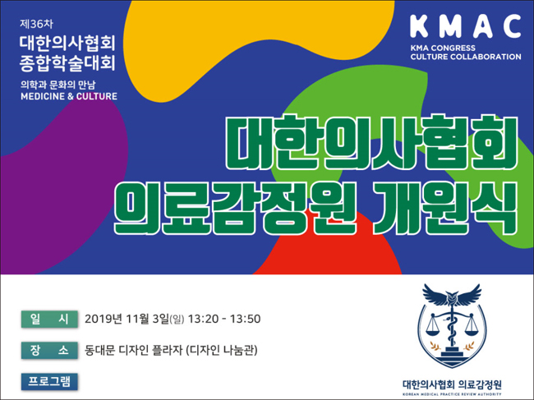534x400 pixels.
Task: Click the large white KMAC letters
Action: [466, 26]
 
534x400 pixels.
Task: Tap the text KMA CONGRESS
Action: [443, 48]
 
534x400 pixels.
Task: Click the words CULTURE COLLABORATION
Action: [466, 57]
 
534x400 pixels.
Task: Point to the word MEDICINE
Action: [43, 96]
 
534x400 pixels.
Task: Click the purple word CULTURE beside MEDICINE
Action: [97, 96]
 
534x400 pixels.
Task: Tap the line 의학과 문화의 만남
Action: [58, 85]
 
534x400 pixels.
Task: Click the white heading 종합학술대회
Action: [67, 63]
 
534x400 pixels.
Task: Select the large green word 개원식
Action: [445, 208]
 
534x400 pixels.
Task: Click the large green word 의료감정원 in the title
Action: [235, 208]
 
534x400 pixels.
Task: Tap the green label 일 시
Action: [49, 319]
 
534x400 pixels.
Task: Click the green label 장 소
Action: [49, 350]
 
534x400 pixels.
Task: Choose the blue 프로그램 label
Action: [49, 381]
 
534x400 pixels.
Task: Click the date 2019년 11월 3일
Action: [127, 319]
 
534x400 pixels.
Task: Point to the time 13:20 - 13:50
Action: [224, 319]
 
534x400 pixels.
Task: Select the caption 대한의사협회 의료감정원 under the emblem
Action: [452, 384]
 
